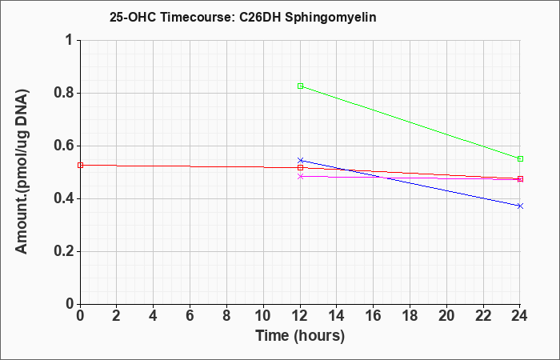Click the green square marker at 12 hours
pos(300,86)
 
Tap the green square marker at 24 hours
pos(520,159)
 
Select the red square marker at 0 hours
pos(80,166)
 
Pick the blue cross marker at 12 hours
pos(300,160)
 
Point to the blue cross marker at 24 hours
pos(520,206)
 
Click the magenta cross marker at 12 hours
pos(300,176)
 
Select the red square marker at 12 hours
pos(300,167)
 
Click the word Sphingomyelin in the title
pos(330,18)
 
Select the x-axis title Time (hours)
pos(300,336)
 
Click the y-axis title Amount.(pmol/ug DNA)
pos(22,172)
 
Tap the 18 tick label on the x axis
pos(410,316)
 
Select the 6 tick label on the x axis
pos(190,316)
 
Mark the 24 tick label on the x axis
pos(520,316)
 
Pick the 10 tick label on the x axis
pos(263,316)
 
